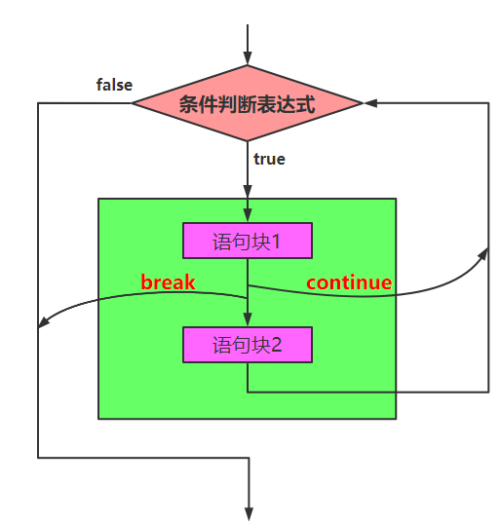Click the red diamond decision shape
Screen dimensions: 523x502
tap(248, 103)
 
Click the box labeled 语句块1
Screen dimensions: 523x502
tap(248, 241)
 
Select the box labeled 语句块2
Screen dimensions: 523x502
tap(248, 345)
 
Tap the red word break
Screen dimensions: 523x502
tap(168, 282)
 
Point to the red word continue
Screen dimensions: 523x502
tap(349, 282)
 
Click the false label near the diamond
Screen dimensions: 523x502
tap(114, 85)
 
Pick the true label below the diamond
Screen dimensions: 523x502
tap(269, 159)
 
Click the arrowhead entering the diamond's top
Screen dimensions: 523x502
tap(248, 57)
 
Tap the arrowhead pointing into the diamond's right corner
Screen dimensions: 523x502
tap(370, 102)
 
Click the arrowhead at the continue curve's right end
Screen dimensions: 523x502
tap(484, 252)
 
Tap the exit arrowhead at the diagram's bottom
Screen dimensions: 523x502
tap(250, 512)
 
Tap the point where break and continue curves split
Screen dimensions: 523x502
tap(248, 285)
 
